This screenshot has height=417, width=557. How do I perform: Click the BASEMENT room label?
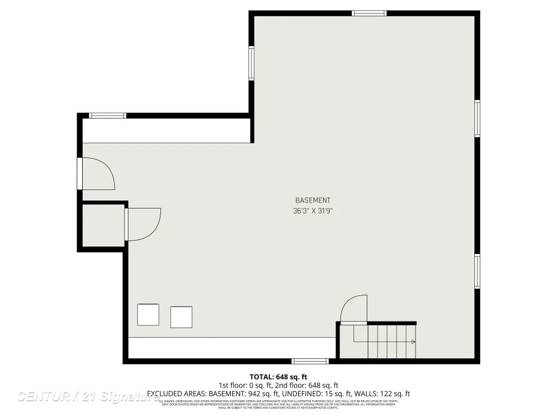[x=313, y=200]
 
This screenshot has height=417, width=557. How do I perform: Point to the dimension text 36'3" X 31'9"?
[x=313, y=211]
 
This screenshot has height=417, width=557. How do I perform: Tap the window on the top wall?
[x=369, y=13]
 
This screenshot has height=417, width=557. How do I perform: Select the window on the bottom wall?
[x=310, y=361]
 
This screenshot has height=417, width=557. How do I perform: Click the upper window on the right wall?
[x=477, y=118]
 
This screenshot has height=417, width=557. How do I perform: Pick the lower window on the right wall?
[x=477, y=271]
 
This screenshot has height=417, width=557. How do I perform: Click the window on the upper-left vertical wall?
[x=251, y=64]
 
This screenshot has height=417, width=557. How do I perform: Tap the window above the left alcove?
[x=107, y=115]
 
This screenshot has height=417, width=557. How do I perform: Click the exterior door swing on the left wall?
[x=98, y=174]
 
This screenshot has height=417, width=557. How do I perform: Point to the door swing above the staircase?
[x=354, y=308]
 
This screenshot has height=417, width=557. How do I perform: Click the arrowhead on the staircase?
[x=413, y=342]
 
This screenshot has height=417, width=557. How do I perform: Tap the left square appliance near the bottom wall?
[x=148, y=314]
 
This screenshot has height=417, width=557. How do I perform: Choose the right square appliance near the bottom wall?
[x=181, y=317]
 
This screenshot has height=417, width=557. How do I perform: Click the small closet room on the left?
[x=103, y=226]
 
